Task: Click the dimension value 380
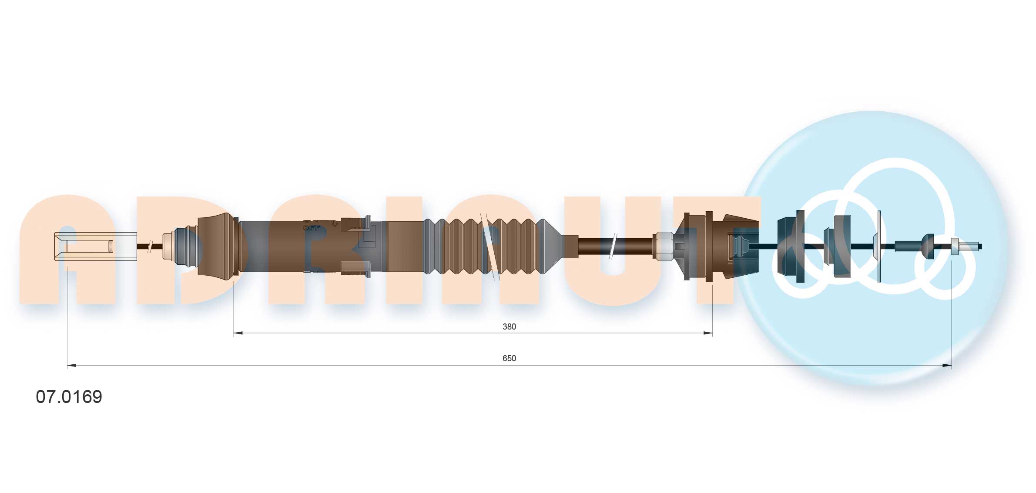pyautogui.click(x=509, y=326)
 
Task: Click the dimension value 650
pyautogui.click(x=509, y=358)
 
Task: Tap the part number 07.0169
pyautogui.click(x=69, y=396)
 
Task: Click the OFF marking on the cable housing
pyautogui.click(x=311, y=227)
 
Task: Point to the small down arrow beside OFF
pyautogui.click(x=334, y=224)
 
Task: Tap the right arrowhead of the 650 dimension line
pyautogui.click(x=947, y=366)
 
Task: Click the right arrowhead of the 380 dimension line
pyautogui.click(x=708, y=333)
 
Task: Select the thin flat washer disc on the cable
pyautogui.click(x=878, y=246)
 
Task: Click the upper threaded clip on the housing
pyautogui.click(x=355, y=224)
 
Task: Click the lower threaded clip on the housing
pyautogui.click(x=355, y=268)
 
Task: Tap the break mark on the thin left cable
pyautogui.click(x=150, y=246)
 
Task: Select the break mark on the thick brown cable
pyautogui.click(x=614, y=246)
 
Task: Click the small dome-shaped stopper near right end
pyautogui.click(x=928, y=246)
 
